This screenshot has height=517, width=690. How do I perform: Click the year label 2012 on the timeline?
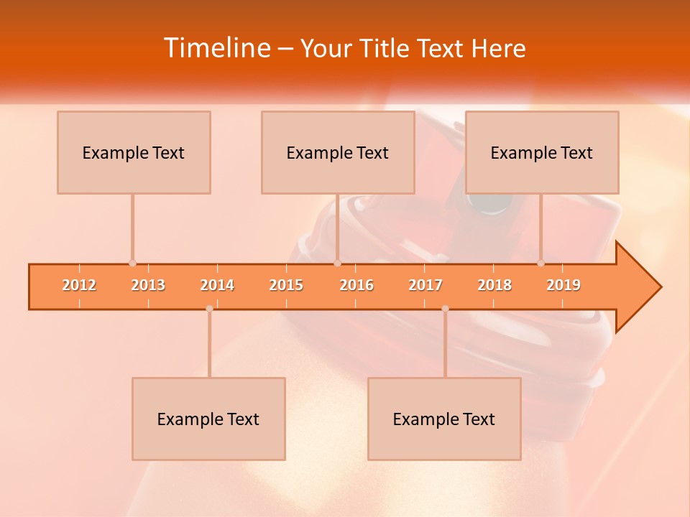pyautogui.click(x=79, y=285)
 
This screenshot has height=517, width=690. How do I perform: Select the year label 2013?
pyautogui.click(x=148, y=285)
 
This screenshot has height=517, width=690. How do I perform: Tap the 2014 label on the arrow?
pyautogui.click(x=217, y=285)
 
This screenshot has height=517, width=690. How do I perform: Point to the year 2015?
pyautogui.click(x=286, y=285)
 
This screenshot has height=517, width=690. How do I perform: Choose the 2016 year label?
pyautogui.click(x=356, y=285)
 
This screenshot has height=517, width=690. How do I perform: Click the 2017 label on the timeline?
pyautogui.click(x=425, y=285)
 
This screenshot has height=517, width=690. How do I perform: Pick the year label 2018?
pyautogui.click(x=494, y=285)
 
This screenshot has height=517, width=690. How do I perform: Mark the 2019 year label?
pyautogui.click(x=563, y=285)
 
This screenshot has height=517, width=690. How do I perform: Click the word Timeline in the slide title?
pyautogui.click(x=216, y=48)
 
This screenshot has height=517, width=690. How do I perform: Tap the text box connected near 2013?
pyautogui.click(x=134, y=152)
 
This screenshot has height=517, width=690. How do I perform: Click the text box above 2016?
pyautogui.click(x=338, y=152)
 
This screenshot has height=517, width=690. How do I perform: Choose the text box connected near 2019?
pyautogui.click(x=542, y=152)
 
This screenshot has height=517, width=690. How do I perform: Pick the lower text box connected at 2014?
pyautogui.click(x=208, y=419)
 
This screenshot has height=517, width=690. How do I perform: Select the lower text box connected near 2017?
pyautogui.click(x=444, y=419)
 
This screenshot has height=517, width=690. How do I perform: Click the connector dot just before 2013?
pyautogui.click(x=132, y=264)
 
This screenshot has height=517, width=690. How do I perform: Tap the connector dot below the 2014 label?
pyautogui.click(x=209, y=309)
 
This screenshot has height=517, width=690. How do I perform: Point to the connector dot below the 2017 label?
pyautogui.click(x=445, y=309)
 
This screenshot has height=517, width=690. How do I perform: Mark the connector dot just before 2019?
pyautogui.click(x=540, y=264)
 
